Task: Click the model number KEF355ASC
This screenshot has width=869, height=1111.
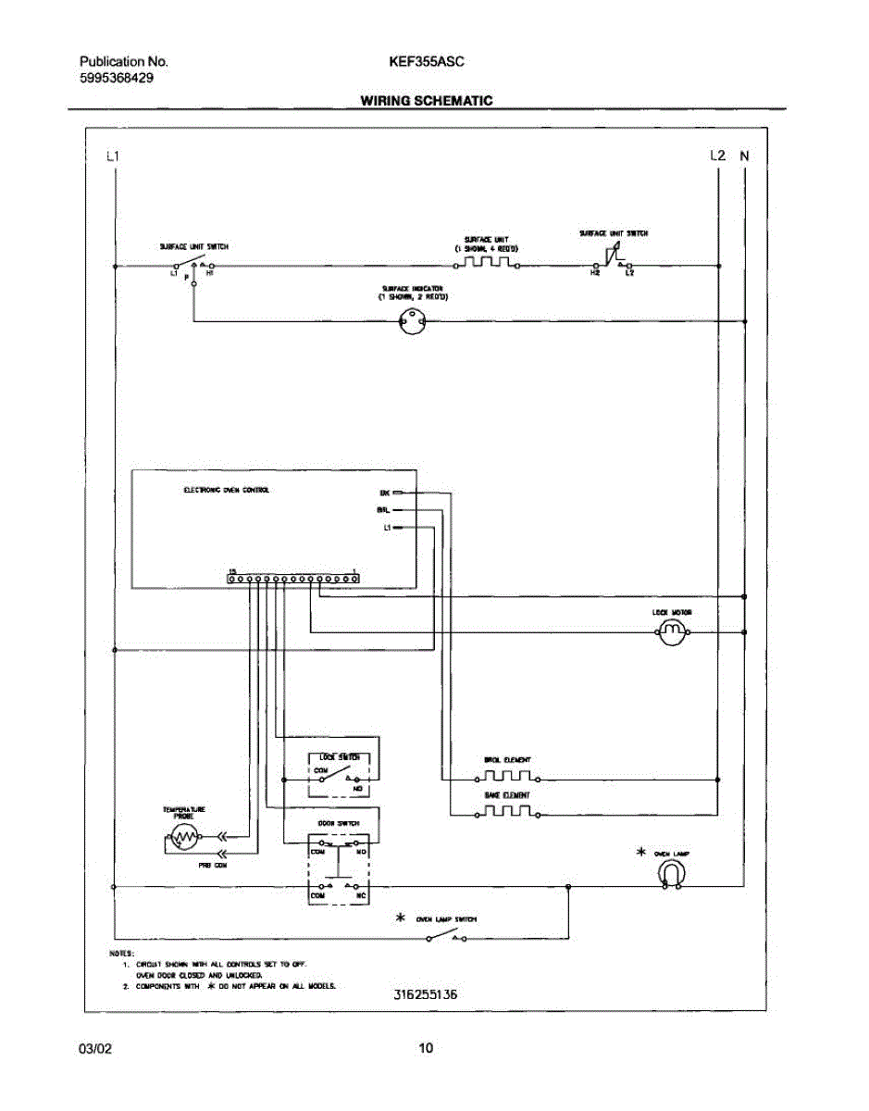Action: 427,62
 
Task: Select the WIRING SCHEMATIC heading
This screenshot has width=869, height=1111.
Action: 426,100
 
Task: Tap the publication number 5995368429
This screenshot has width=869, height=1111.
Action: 116,79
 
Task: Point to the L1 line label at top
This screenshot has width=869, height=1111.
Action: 113,156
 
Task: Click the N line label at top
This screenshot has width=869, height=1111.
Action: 744,156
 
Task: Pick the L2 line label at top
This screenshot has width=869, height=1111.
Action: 717,156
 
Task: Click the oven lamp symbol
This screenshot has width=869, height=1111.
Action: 674,873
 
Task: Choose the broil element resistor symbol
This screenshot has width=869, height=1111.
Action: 506,778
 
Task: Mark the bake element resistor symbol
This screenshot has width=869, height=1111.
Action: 506,814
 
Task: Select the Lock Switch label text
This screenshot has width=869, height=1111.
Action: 332,757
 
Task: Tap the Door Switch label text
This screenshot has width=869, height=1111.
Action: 332,823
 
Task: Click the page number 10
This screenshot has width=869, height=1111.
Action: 426,1049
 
